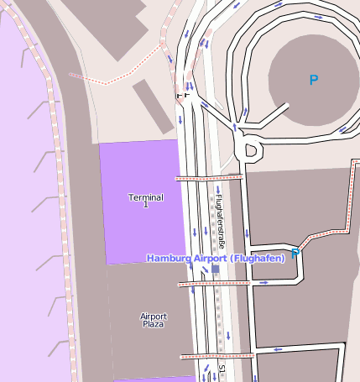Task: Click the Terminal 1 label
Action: click(145, 201)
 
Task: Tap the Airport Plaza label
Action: click(154, 320)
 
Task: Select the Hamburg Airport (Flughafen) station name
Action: click(216, 258)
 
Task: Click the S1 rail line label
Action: click(222, 369)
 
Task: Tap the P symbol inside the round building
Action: click(314, 81)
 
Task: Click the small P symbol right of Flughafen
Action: click(295, 251)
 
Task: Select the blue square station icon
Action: click(215, 269)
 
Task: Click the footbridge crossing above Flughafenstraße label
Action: click(208, 178)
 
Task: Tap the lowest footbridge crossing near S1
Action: click(217, 356)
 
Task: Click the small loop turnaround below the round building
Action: click(248, 149)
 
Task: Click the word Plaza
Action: click(154, 324)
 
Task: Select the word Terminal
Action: click(145, 196)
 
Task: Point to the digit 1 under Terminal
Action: click(145, 205)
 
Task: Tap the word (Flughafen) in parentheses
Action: click(256, 258)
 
